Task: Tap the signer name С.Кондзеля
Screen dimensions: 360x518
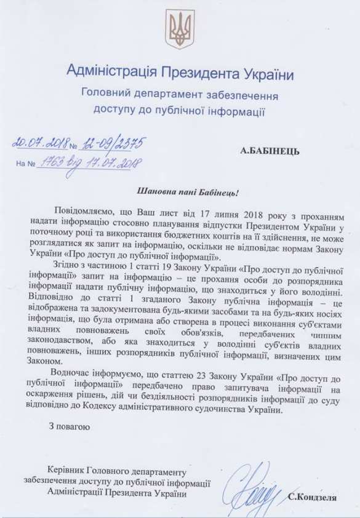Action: [x=311, y=496]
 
